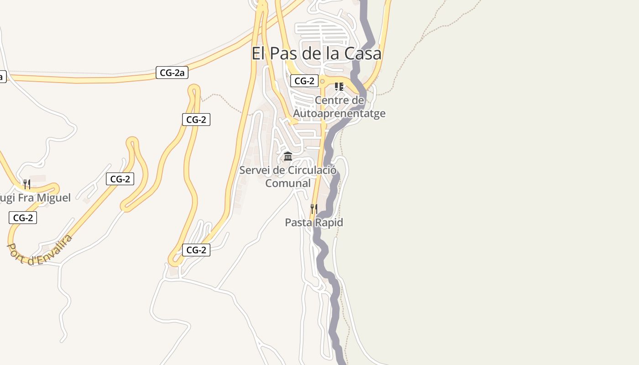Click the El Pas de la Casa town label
click(316, 53)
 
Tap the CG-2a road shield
click(172, 72)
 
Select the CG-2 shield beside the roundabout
click(304, 81)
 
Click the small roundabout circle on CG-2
click(322, 81)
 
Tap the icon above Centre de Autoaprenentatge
click(339, 86)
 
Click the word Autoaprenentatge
click(339, 113)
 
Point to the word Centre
click(339, 100)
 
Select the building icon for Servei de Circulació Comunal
click(288, 156)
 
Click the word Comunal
click(288, 183)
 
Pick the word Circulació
click(312, 170)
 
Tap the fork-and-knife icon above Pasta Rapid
click(314, 209)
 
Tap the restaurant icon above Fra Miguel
click(27, 184)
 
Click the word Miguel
click(54, 198)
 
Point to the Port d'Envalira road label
click(40, 250)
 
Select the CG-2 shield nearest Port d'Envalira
click(23, 218)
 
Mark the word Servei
click(255, 170)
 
